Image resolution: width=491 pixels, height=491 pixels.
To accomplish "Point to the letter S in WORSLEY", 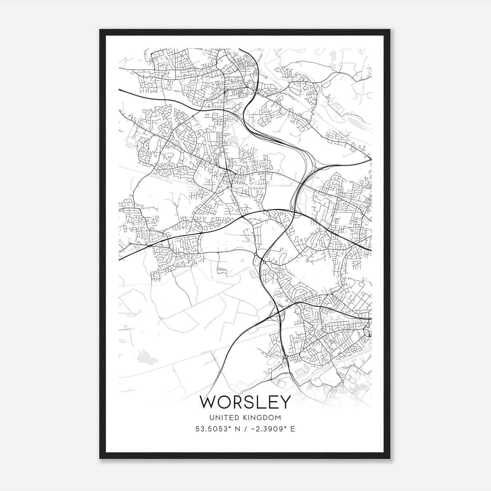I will point(253,402).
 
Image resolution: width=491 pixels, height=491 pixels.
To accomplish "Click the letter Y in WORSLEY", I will point(284,402).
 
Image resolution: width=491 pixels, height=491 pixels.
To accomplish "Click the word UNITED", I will point(222,418).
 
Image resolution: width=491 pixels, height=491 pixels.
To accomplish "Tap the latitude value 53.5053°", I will point(212,429).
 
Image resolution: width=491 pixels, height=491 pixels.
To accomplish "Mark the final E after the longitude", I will point(293,429).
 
